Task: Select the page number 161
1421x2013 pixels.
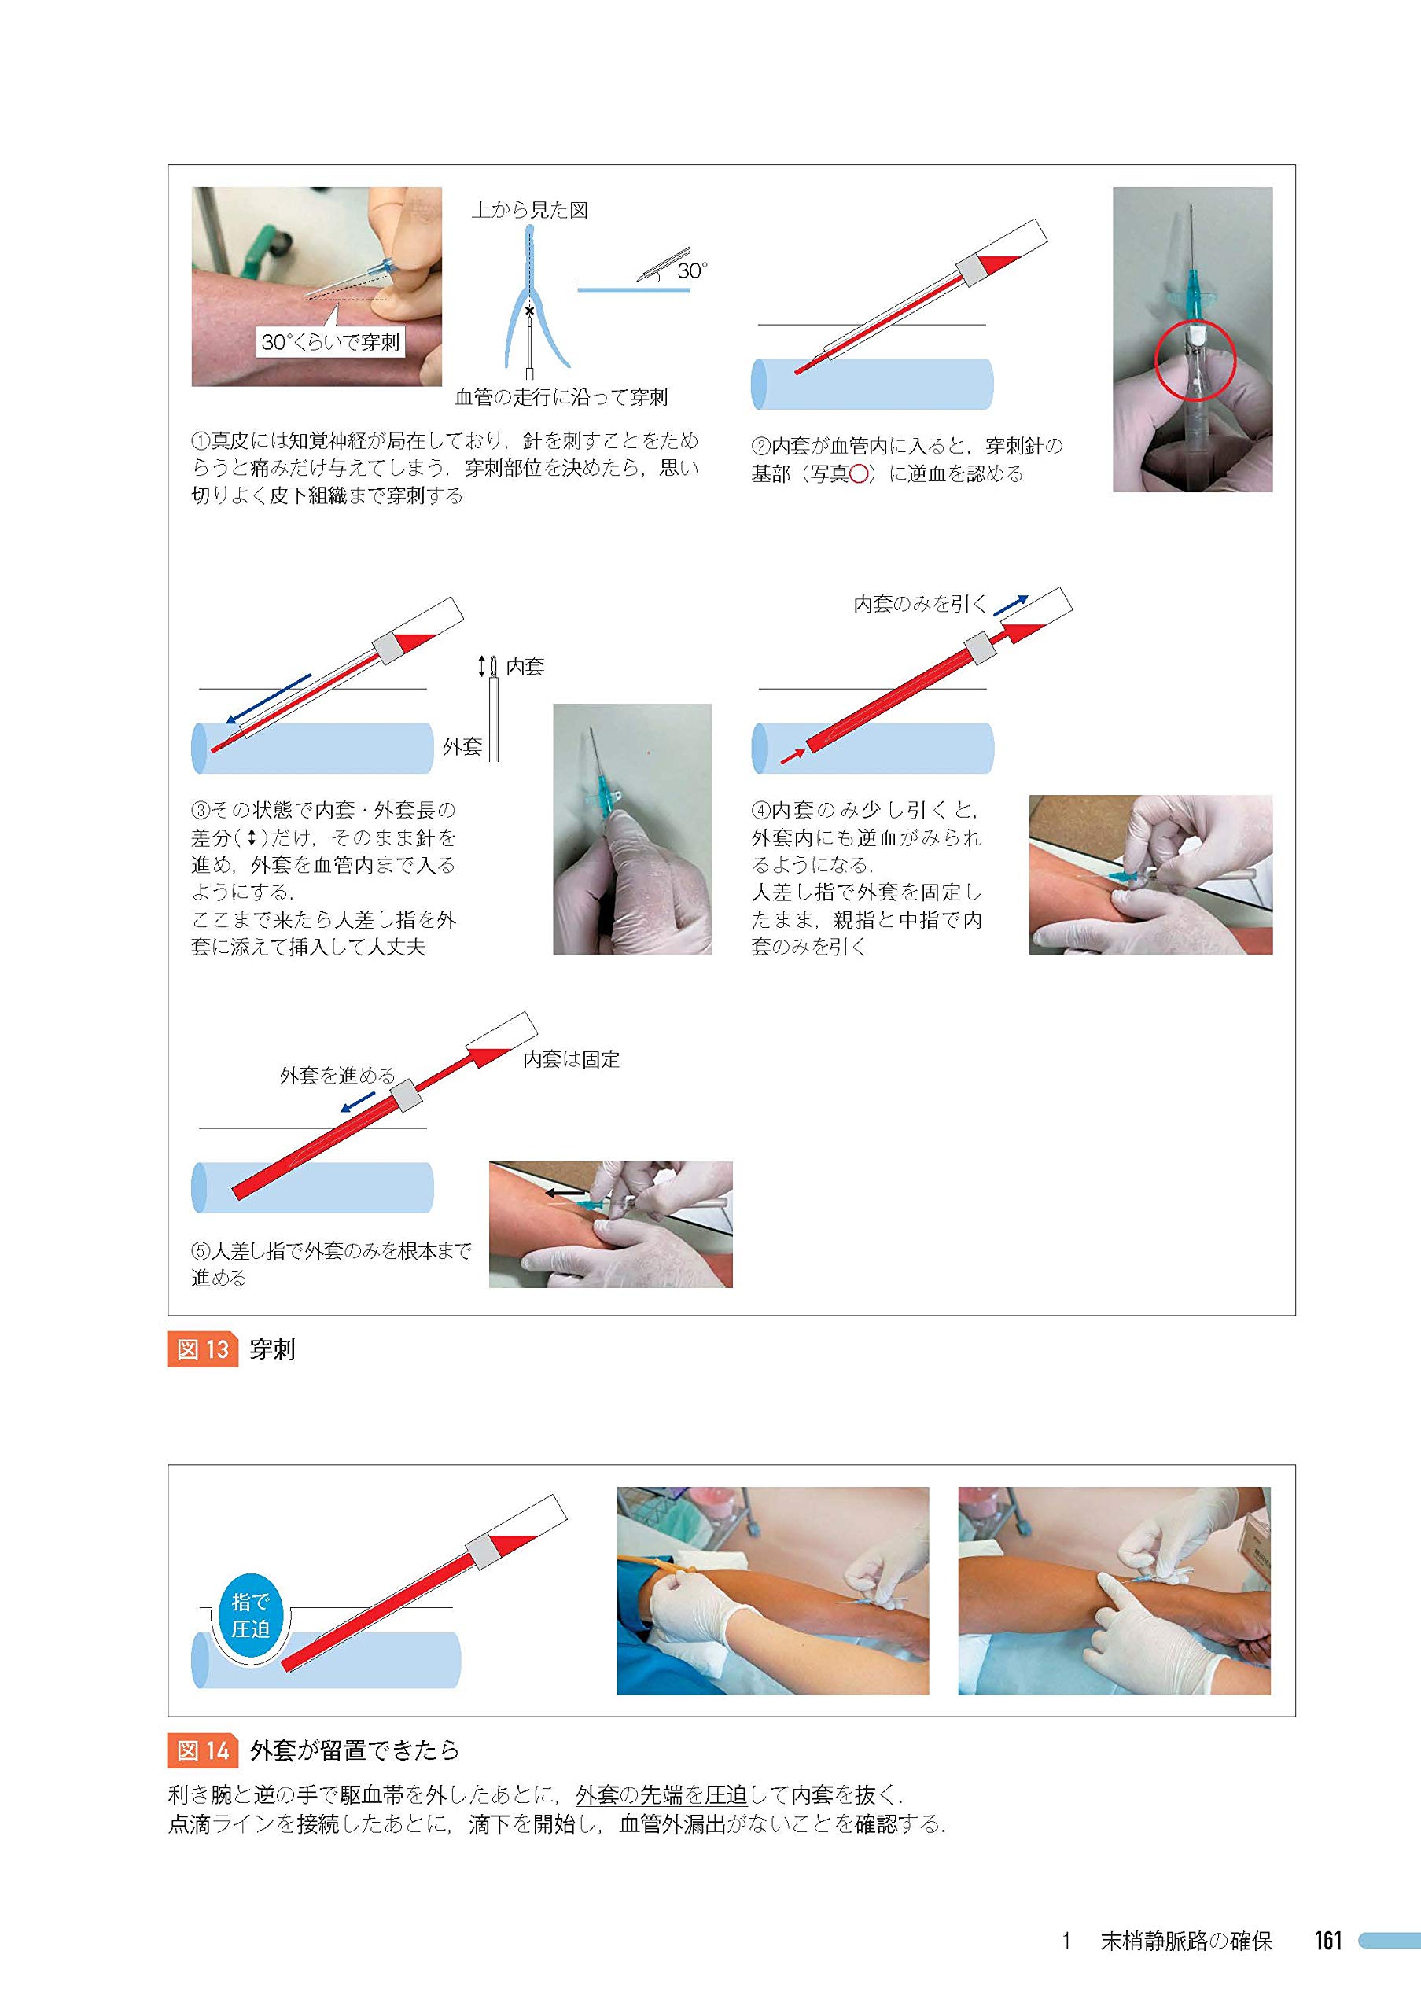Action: pos(1328,1940)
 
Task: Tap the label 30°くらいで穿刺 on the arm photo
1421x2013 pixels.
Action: pos(330,342)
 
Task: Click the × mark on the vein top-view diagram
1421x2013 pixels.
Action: pos(529,311)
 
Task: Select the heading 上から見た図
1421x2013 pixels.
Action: pos(529,209)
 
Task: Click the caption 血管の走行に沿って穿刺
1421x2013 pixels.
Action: pos(561,397)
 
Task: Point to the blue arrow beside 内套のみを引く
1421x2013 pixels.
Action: pos(1010,605)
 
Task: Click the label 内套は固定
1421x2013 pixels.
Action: pos(571,1059)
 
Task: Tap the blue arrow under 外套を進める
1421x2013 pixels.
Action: pos(358,1103)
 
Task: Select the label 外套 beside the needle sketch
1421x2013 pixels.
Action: pos(462,746)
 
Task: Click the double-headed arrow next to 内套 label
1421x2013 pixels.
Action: pos(481,666)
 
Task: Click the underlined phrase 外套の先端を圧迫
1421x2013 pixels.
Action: pos(661,1794)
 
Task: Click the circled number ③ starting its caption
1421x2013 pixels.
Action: pos(201,810)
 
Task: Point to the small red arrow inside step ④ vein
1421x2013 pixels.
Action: pos(793,755)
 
